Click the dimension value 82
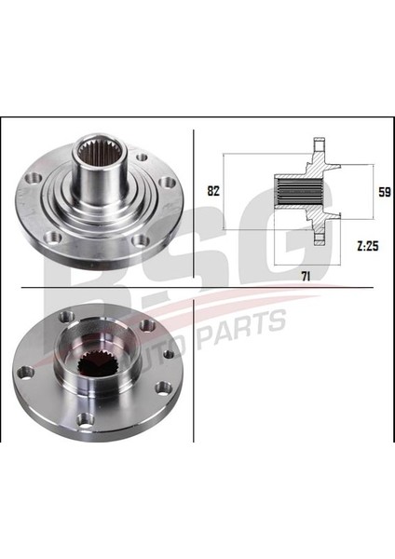pos(213,191)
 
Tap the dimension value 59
pos(385,192)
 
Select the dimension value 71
pos(306,276)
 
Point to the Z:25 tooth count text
pos(368,246)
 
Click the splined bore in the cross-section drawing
pos(300,193)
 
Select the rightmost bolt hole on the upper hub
pos(167,183)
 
